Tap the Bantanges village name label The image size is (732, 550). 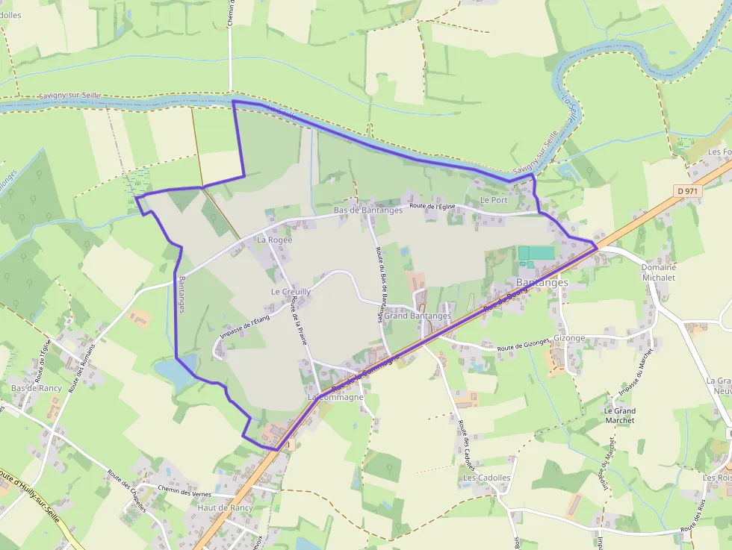point(542,283)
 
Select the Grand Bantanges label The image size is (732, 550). point(418,316)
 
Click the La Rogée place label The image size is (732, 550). point(274,240)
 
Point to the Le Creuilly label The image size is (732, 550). point(291,292)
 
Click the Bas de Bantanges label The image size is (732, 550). point(367,210)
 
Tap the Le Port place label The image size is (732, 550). point(494,200)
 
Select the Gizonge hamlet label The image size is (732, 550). point(570,338)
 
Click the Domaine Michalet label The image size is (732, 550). point(658,272)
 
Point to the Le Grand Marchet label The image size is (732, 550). point(619,416)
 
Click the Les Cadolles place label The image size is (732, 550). point(486,478)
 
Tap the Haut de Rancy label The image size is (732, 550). point(225,508)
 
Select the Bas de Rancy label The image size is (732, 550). point(36,389)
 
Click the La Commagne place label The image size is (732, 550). point(335,398)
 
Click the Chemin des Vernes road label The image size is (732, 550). point(185,491)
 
